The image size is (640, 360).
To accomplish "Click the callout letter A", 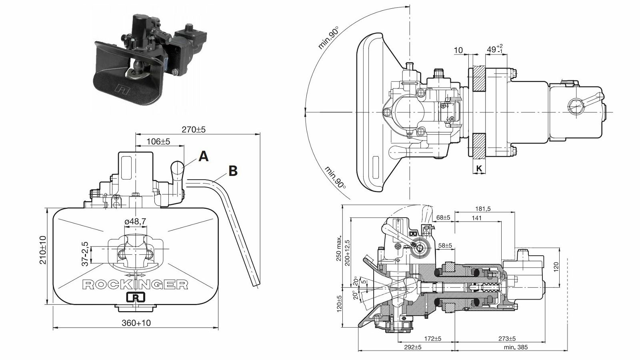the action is [203, 157].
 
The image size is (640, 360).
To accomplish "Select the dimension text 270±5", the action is [194, 130].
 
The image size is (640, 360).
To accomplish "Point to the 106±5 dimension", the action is [158, 142].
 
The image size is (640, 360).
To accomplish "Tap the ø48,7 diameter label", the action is [136, 221].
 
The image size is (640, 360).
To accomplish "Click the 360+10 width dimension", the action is [136, 323].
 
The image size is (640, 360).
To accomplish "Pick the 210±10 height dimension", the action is [43, 250].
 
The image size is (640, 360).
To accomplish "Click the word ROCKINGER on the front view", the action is [136, 284].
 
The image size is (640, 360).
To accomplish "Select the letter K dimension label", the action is [480, 169].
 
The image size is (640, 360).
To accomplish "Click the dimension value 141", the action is [476, 218].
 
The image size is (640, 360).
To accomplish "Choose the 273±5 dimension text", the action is [507, 339].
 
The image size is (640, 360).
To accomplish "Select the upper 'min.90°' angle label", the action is [328, 38].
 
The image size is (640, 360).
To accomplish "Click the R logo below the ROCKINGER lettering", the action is [136, 298].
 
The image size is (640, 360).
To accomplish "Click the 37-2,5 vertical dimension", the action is [85, 254].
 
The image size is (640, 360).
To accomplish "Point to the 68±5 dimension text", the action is [443, 218].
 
